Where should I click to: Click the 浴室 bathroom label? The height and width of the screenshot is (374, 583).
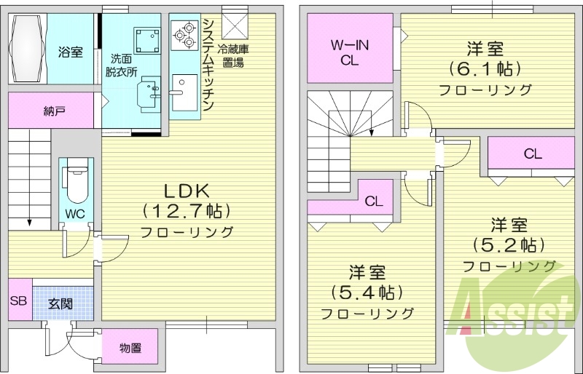pyautogui.click(x=71, y=52)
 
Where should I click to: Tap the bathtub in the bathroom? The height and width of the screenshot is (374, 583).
pyautogui.click(x=28, y=49)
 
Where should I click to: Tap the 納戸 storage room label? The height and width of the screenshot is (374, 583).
pyautogui.click(x=54, y=111)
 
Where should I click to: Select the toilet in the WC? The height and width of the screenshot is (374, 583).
pyautogui.click(x=74, y=182)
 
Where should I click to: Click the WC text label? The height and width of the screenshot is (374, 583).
pyautogui.click(x=74, y=214)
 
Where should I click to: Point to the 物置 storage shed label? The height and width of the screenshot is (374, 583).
pyautogui.click(x=130, y=349)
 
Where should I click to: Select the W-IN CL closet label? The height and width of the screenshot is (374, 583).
pyautogui.click(x=350, y=53)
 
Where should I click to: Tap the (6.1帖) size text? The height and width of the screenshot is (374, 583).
pyautogui.click(x=485, y=70)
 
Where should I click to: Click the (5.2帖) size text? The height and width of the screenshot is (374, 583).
pyautogui.click(x=509, y=244)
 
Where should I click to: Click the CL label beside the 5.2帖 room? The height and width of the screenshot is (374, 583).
pyautogui.click(x=533, y=154)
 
